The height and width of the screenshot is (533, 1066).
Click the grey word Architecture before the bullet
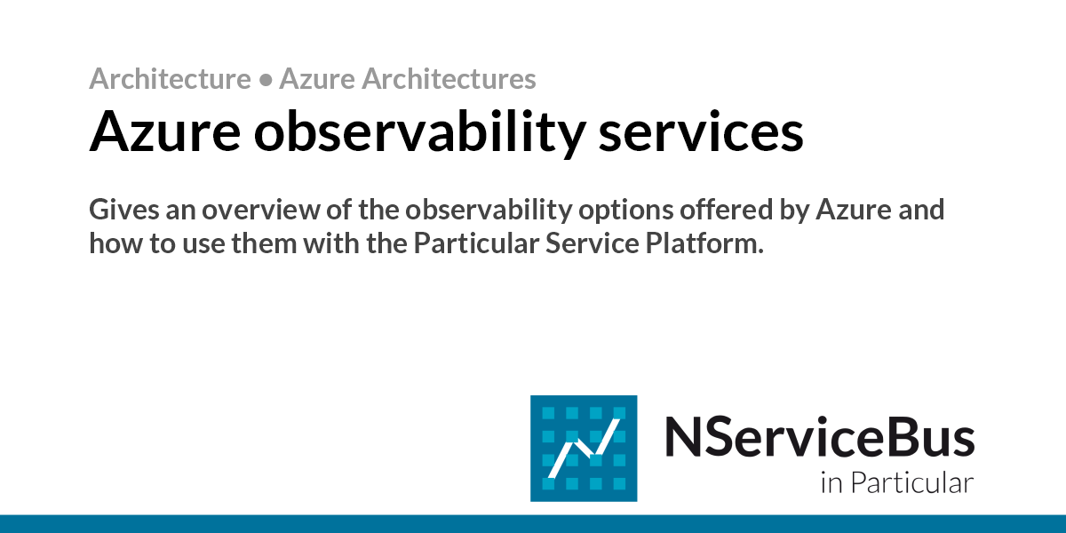[170, 80]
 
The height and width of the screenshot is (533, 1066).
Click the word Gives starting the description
[120, 211]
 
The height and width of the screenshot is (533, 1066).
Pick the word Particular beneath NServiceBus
[911, 484]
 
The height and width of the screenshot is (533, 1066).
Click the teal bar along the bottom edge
[533, 523]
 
